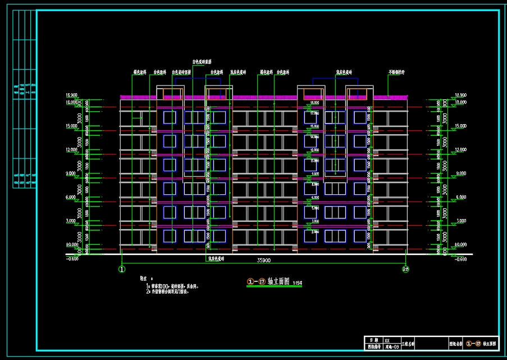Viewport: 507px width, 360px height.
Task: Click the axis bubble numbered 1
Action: [x=121, y=270]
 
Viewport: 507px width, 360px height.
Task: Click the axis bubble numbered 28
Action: [x=405, y=270]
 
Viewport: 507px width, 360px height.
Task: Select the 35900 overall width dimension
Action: [x=264, y=261]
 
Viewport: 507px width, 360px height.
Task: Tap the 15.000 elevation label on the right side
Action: [x=460, y=126]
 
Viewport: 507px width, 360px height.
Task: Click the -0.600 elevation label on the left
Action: [x=72, y=259]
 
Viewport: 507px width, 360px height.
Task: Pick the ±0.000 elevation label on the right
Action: [x=460, y=245]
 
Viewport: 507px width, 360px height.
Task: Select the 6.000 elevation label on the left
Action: [x=71, y=197]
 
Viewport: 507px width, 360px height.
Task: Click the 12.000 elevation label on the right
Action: [x=460, y=150]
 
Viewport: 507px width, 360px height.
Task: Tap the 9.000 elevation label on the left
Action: [x=71, y=174]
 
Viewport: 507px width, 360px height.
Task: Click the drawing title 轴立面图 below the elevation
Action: [x=278, y=281]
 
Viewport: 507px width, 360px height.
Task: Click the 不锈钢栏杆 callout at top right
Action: [x=396, y=72]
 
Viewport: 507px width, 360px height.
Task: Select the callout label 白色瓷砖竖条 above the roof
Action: [x=202, y=62]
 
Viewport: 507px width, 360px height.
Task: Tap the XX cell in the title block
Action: [x=387, y=340]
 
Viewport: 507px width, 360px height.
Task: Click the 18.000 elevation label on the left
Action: [x=72, y=102]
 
